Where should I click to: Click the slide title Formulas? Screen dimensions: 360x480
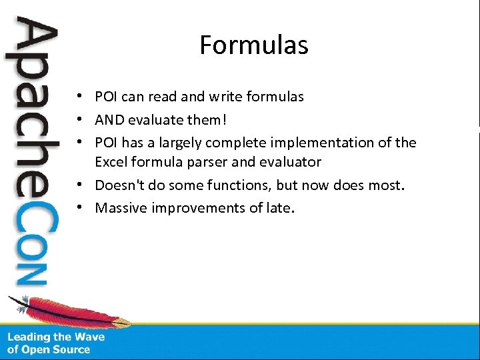coord(253,45)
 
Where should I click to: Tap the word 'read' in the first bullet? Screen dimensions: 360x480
coord(162,97)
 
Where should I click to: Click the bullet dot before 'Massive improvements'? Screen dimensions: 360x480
coord(79,208)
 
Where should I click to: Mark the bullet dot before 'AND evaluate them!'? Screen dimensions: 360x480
coord(79,121)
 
